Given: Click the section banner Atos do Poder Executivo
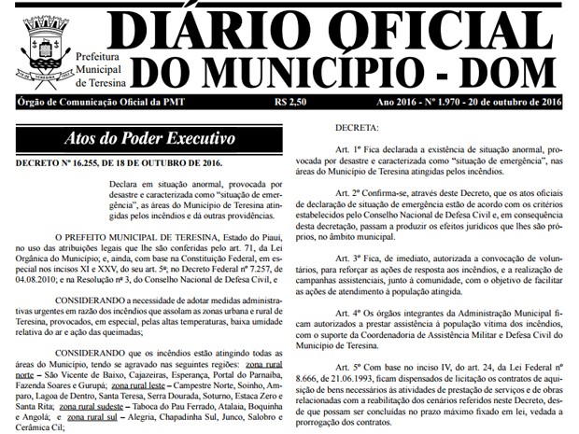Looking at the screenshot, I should coord(149,139).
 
